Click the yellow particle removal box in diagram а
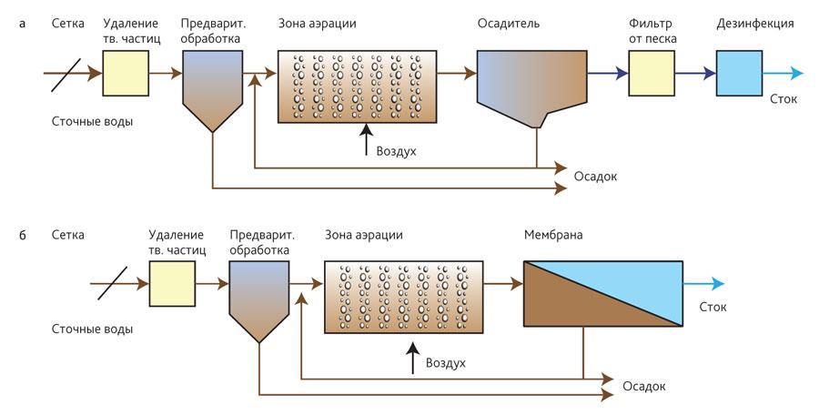[126, 74]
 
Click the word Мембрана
[553, 235]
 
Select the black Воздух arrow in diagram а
[367, 140]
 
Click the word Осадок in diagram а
[595, 176]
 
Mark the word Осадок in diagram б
[643, 387]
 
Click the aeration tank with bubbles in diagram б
[403, 294]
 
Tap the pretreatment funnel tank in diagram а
[211, 86]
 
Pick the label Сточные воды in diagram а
[93, 121]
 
